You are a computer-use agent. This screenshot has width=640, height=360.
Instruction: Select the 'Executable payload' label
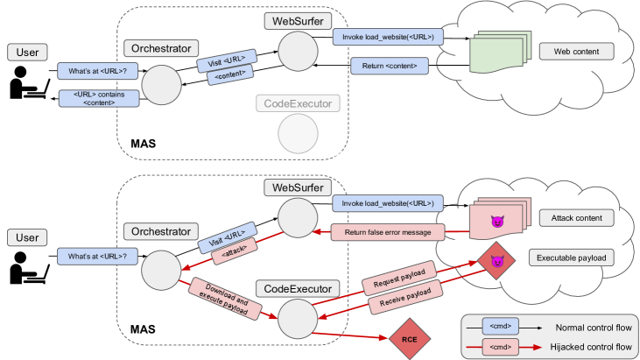(573, 258)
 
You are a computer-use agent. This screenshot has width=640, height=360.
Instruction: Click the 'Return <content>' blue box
(390, 66)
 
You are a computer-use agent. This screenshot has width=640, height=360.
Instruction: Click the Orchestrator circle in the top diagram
(160, 86)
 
